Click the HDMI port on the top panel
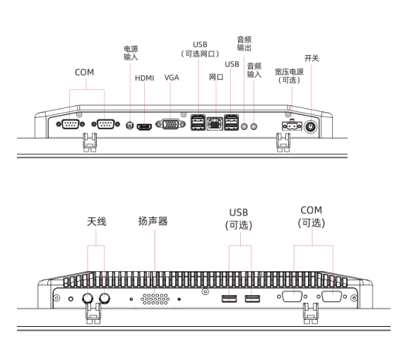pyautogui.click(x=144, y=127)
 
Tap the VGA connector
pyautogui.click(x=170, y=124)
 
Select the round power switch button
pyautogui.click(x=311, y=127)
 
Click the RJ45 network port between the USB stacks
pyautogui.click(x=215, y=124)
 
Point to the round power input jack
pyautogui.click(x=130, y=126)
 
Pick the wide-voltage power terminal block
pyautogui.click(x=292, y=126)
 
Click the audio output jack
pyautogui.click(x=244, y=126)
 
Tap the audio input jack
pyautogui.click(x=254, y=126)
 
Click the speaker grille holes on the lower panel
pyautogui.click(x=155, y=299)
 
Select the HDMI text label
pyautogui.click(x=145, y=78)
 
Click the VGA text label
pyautogui.click(x=172, y=78)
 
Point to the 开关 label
pyautogui.click(x=312, y=58)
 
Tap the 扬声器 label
pyautogui.click(x=153, y=221)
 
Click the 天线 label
pyautogui.click(x=97, y=222)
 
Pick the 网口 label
pyautogui.click(x=216, y=77)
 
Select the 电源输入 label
pyautogui.click(x=131, y=53)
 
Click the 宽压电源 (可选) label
pyautogui.click(x=290, y=76)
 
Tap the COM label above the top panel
pyautogui.click(x=84, y=72)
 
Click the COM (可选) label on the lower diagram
pyautogui.click(x=312, y=217)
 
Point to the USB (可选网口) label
pyautogui.click(x=200, y=49)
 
